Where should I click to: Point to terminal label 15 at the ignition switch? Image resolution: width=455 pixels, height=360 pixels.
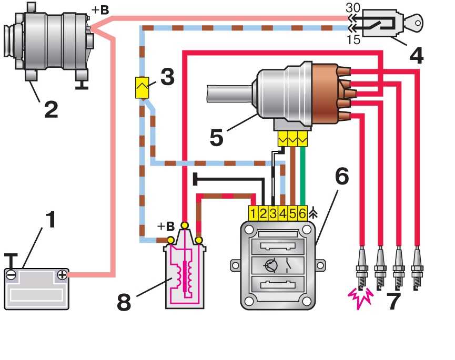[355, 39]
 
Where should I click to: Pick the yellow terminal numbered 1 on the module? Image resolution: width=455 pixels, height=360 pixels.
[254, 213]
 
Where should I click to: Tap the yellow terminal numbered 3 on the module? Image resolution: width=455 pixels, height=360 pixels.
[273, 213]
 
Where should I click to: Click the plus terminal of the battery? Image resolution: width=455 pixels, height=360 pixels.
[62, 274]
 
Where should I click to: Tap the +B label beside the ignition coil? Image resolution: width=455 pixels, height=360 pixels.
[165, 227]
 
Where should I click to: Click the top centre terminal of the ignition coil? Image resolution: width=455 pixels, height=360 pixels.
[184, 225]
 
